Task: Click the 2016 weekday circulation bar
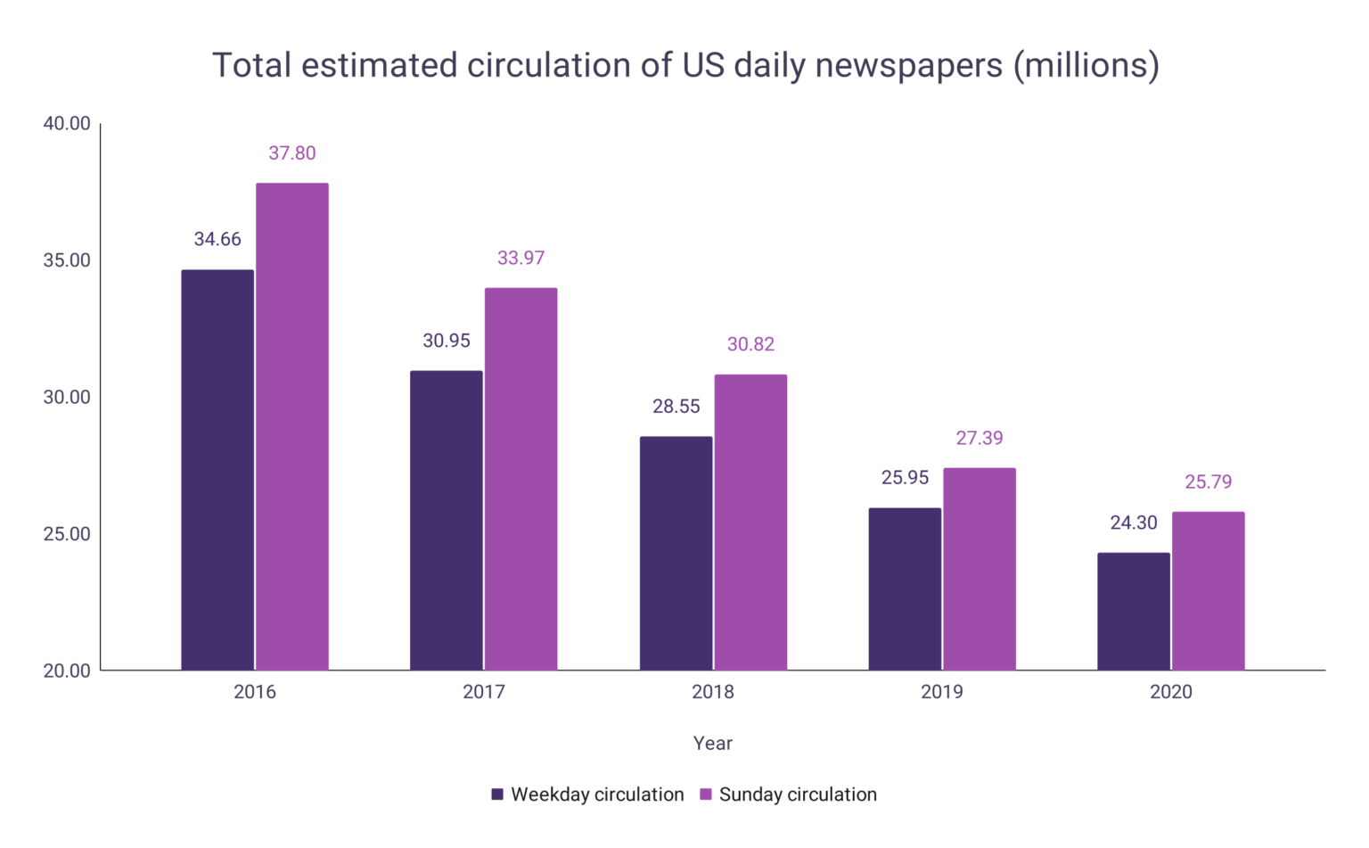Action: [x=217, y=470]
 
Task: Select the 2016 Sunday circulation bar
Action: [x=292, y=426]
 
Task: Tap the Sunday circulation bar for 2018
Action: [x=750, y=523]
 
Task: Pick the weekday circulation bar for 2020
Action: [x=1133, y=612]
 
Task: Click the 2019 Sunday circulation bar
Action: [x=980, y=569]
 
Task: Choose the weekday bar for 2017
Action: [x=447, y=521]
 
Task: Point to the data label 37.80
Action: [x=292, y=153]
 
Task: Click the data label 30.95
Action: [x=447, y=341]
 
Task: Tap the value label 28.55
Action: [x=676, y=407]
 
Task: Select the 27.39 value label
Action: [x=980, y=438]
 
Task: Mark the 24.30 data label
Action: [x=1133, y=523]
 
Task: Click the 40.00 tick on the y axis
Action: [x=67, y=123]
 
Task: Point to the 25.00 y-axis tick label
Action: [x=67, y=534]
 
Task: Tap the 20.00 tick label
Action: [x=67, y=671]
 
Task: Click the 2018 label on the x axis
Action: [x=713, y=692]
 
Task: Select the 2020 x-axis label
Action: [x=1170, y=692]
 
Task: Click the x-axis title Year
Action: [x=713, y=743]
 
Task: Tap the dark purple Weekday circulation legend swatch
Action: [x=497, y=794]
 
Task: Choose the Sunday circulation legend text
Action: [x=798, y=794]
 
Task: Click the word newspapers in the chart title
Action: [x=908, y=66]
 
